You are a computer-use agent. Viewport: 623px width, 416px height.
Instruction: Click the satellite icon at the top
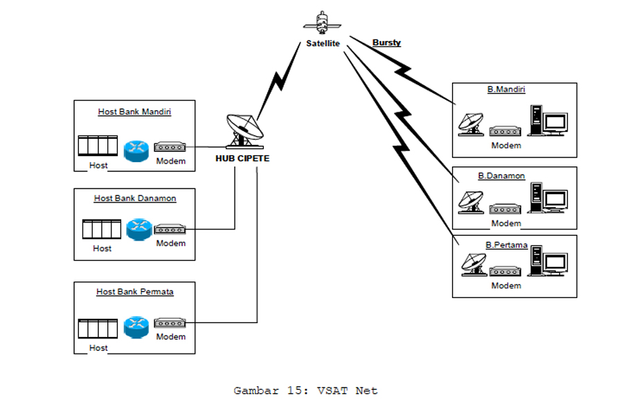tap(323, 23)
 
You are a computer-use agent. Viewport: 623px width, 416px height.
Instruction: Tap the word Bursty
tap(386, 43)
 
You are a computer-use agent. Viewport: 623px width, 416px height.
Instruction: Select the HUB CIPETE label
tap(242, 158)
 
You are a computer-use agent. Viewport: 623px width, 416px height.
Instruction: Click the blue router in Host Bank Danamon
tap(138, 229)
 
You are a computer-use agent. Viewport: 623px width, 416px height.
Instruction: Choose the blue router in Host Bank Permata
tap(136, 327)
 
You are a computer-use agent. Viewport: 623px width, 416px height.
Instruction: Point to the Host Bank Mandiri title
tap(134, 112)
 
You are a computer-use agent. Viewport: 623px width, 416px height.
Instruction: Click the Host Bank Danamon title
tap(135, 198)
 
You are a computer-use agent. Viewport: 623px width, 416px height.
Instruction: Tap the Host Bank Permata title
tap(135, 292)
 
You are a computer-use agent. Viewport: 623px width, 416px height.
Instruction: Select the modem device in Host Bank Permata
tap(170, 324)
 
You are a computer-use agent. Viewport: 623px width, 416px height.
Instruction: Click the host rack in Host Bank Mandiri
tap(96, 147)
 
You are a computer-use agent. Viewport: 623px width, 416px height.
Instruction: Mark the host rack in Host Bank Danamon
tap(101, 229)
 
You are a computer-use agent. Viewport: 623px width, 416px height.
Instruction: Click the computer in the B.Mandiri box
tap(548, 121)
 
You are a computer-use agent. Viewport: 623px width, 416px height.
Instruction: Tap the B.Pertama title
tap(507, 245)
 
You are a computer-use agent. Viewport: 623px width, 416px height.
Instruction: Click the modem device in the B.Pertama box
tap(505, 272)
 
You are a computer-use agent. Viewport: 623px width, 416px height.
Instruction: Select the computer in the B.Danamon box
tap(548, 200)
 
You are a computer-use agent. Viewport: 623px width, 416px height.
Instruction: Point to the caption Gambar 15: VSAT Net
tap(306, 390)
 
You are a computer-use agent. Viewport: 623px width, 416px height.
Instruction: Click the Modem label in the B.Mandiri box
tap(506, 146)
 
